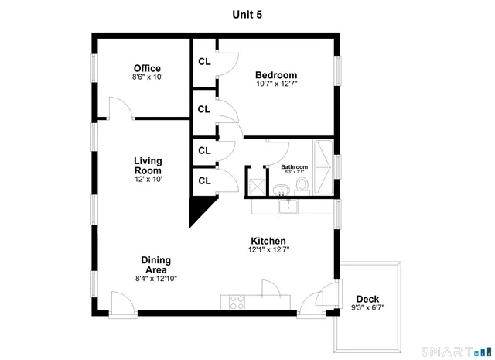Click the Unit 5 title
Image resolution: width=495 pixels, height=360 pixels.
coord(247,13)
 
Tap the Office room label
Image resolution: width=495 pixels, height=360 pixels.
coord(147,68)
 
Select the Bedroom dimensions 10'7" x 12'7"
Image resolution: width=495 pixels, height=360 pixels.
coord(276,84)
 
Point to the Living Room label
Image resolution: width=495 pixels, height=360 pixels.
coord(148,166)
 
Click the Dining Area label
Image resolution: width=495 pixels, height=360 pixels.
coord(155,265)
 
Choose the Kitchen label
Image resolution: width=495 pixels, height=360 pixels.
coord(268,241)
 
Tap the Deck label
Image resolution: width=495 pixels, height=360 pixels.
coord(367,299)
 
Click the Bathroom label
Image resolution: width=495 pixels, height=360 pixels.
coord(294,167)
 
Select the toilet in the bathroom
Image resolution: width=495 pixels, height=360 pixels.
coord(302,185)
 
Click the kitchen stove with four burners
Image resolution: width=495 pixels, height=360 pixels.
coord(237,302)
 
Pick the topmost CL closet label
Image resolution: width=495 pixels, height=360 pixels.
coord(204,62)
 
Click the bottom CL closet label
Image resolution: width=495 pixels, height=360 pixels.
coord(204,180)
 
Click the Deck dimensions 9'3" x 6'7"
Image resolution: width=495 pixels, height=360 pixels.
coord(367,308)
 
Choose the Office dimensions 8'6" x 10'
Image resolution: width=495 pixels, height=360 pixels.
coord(147,77)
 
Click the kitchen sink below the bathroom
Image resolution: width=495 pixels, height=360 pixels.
coord(287,206)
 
